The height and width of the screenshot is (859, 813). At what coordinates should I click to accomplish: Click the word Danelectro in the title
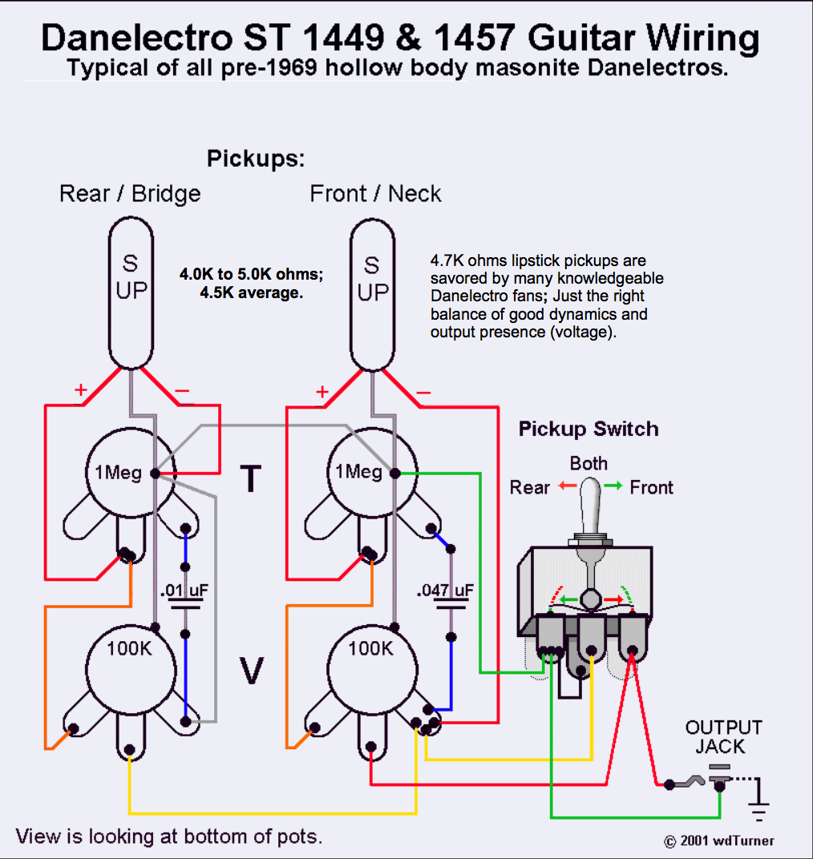137,38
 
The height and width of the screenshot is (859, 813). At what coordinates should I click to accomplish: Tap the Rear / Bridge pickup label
130,194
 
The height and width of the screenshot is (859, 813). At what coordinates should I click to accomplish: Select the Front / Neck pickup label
375,194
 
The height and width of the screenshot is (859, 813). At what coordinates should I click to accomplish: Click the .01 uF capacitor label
184,590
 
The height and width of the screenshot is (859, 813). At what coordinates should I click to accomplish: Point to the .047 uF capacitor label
445,590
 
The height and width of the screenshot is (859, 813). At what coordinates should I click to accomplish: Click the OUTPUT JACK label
724,737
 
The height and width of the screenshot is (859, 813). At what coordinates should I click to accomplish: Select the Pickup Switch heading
589,429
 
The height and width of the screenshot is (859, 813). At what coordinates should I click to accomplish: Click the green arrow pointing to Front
613,486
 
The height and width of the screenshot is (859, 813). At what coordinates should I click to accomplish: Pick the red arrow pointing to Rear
568,486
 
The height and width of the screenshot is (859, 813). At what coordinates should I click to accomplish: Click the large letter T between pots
250,478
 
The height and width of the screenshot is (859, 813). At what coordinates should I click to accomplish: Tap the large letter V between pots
252,671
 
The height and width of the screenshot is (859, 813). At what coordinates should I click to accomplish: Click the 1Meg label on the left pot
118,472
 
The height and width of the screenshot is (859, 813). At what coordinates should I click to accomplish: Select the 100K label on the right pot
370,648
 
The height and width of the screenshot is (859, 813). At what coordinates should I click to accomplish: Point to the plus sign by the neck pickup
322,392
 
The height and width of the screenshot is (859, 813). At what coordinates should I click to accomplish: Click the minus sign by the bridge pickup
182,390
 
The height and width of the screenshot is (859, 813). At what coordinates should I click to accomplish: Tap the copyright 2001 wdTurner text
718,841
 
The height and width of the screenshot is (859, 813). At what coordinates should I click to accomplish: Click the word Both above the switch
589,463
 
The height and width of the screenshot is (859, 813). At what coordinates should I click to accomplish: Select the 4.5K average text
251,292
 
